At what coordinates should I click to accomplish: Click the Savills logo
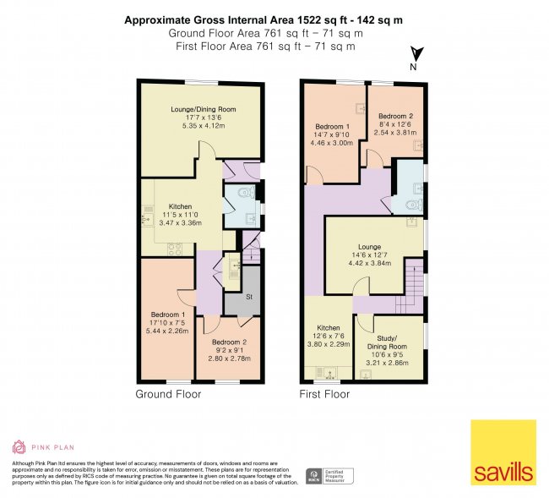click(x=503, y=452)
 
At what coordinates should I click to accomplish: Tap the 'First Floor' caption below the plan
click(x=324, y=394)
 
